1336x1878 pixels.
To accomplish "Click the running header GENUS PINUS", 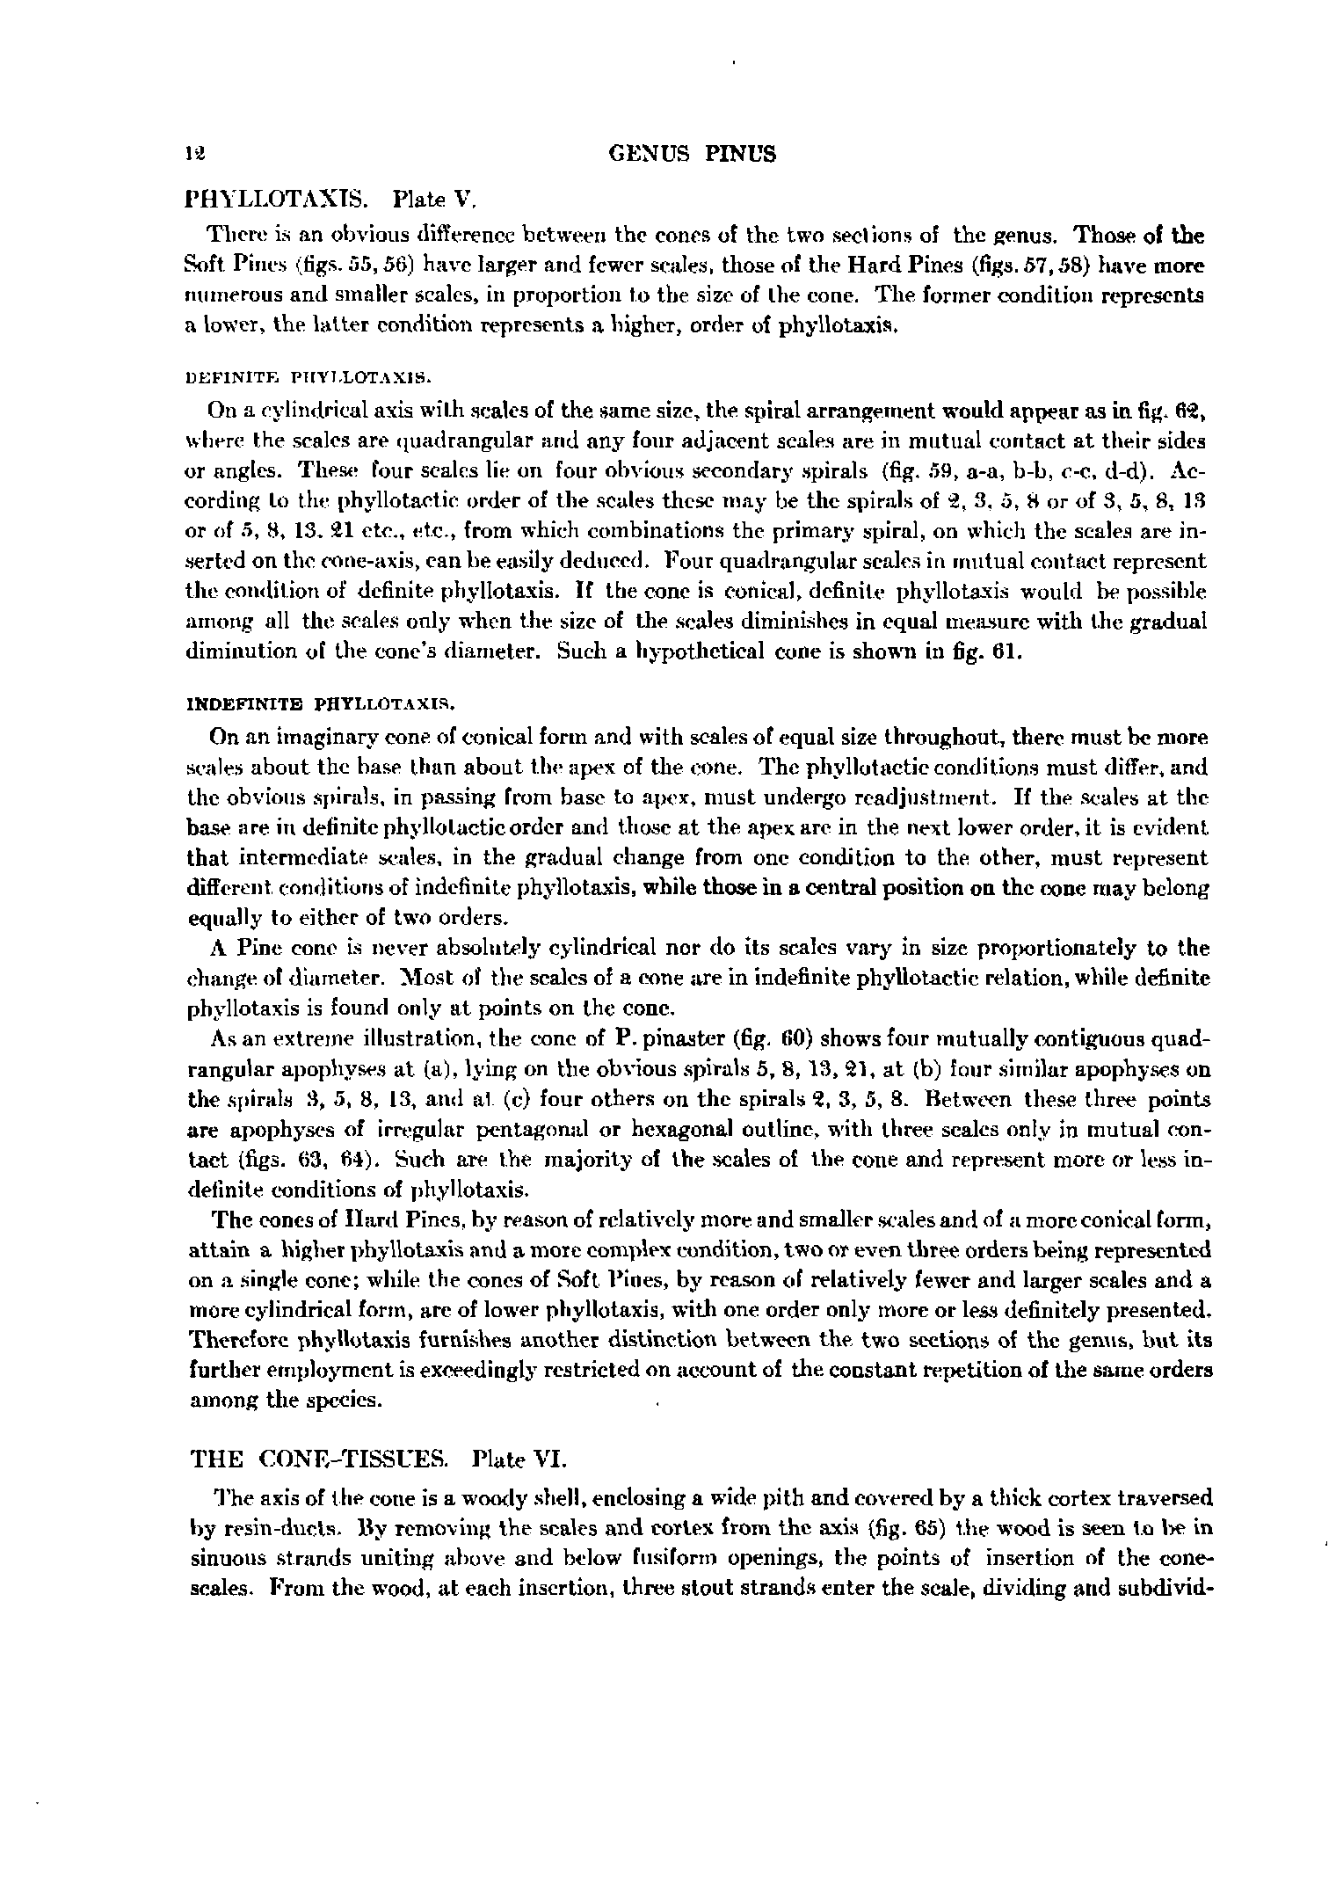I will coord(693,155).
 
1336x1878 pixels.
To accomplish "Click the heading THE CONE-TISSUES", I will coord(319,1459).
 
